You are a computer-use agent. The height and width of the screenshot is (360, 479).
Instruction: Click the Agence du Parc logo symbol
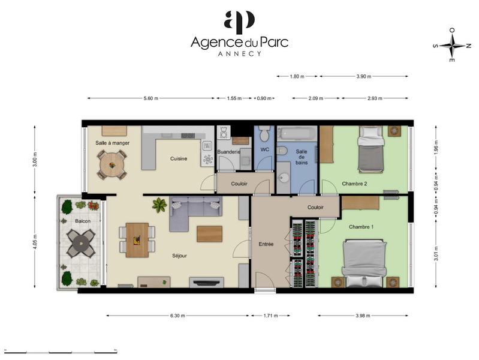pyautogui.click(x=239, y=22)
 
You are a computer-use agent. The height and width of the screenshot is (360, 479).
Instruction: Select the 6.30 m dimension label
pyautogui.click(x=178, y=316)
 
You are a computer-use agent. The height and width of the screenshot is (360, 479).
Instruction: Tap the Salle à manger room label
pyautogui.click(x=113, y=143)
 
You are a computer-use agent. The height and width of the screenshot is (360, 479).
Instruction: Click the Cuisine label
pyautogui.click(x=179, y=159)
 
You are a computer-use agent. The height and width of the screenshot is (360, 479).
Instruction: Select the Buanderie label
pyautogui.click(x=228, y=152)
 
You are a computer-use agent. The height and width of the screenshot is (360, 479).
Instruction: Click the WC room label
pyautogui.click(x=264, y=149)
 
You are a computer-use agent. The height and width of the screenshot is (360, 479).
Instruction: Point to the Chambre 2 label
pyautogui.click(x=354, y=184)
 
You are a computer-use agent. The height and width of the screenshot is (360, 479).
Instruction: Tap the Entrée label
pyautogui.click(x=266, y=244)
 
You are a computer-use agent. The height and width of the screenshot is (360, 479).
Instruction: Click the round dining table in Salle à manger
pyautogui.click(x=112, y=163)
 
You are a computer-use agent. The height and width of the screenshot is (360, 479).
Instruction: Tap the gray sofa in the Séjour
pyautogui.click(x=194, y=212)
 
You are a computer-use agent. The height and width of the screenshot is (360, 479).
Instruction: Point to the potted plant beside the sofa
pyautogui.click(x=159, y=205)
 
